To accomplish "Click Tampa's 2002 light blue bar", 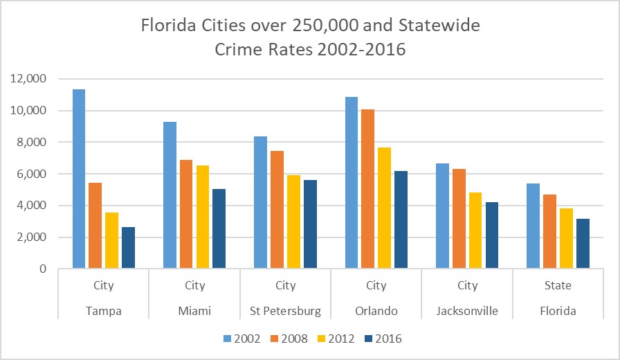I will (78, 179).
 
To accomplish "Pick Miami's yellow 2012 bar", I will (202, 217).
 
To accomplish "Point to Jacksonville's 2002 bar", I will (443, 216).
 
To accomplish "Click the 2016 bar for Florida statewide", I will (583, 244).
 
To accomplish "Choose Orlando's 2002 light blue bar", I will (352, 183).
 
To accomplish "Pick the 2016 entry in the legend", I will (387, 339).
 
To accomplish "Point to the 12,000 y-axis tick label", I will (28, 79).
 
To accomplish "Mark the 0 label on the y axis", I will (42, 269).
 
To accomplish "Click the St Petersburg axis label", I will (285, 311).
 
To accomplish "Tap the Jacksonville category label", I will (467, 311).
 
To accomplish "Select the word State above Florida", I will (558, 285).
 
